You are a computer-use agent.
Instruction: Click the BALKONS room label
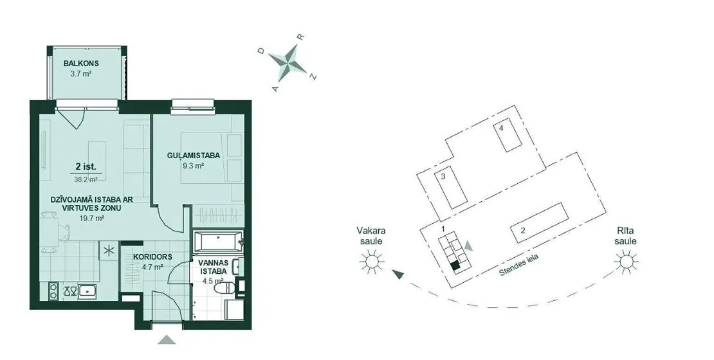81,63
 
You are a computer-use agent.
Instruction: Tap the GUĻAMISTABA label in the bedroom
193,156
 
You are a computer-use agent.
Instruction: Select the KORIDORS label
152,256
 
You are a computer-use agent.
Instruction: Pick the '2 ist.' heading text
86,167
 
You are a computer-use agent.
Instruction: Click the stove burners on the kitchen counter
53,291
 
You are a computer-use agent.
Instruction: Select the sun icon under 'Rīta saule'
625,261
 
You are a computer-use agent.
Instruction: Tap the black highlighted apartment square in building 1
454,266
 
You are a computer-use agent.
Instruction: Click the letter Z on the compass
313,76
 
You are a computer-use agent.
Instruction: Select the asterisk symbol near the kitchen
108,251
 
